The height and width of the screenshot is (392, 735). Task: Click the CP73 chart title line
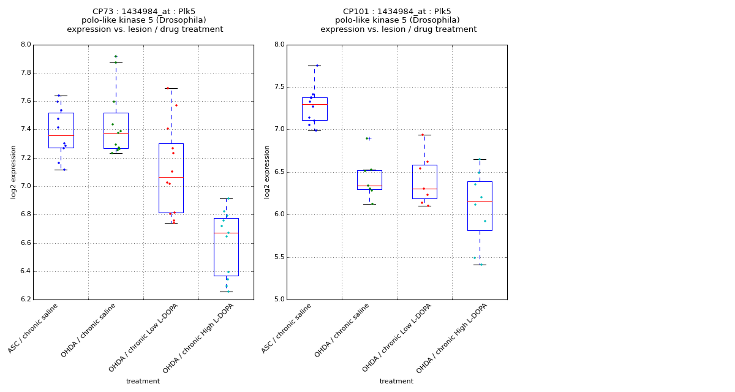[x=145, y=12]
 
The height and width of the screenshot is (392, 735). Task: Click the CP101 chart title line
[x=398, y=12]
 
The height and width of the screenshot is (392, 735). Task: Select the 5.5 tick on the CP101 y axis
[x=279, y=257]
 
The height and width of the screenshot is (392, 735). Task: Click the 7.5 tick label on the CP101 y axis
[x=279, y=87]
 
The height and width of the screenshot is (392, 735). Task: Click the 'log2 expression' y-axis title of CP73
[x=13, y=171]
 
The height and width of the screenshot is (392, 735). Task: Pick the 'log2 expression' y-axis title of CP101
[x=267, y=171]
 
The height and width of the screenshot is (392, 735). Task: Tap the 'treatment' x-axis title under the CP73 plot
[x=143, y=381]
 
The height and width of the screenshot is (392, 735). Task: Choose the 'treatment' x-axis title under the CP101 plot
[x=396, y=381]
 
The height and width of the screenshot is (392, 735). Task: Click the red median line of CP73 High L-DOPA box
[x=226, y=233]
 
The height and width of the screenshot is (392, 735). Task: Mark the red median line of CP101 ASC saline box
[x=314, y=104]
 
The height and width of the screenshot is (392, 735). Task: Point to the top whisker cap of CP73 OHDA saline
[x=116, y=62]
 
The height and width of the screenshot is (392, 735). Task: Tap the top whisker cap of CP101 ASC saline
[x=314, y=66]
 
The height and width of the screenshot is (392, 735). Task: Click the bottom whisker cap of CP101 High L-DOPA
[x=480, y=265]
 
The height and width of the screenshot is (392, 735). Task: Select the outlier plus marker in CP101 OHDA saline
[x=369, y=138]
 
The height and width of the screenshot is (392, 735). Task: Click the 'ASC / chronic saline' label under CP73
[x=34, y=328]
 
